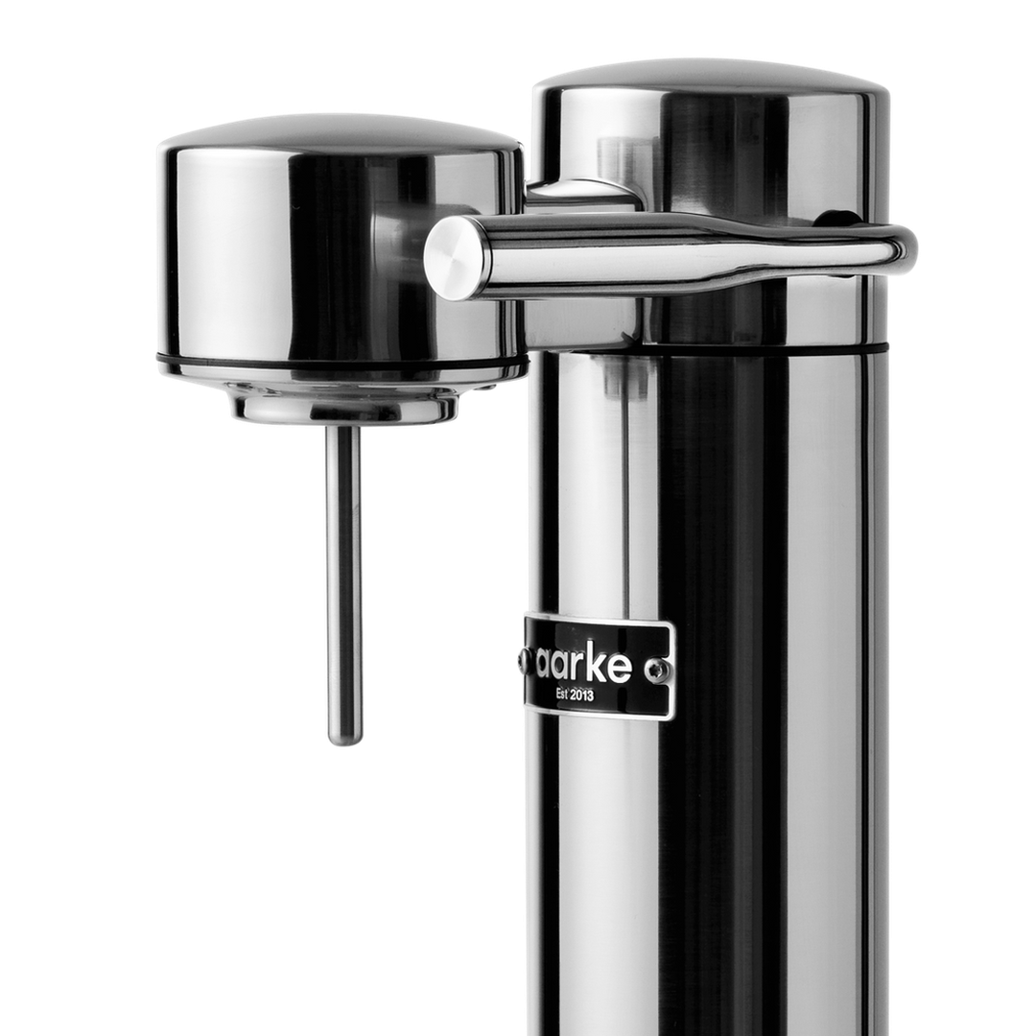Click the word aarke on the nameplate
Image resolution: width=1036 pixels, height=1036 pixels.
584,664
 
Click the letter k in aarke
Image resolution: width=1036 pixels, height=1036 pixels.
600,664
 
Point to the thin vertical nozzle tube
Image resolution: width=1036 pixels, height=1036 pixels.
343,576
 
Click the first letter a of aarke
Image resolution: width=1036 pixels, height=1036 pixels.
544,664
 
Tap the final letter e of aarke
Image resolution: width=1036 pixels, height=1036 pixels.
621,665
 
